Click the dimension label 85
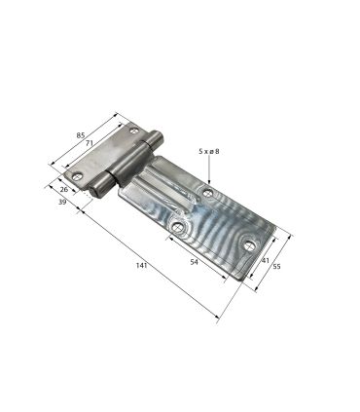click(x=81, y=135)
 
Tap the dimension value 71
click(x=90, y=143)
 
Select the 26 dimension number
click(x=64, y=189)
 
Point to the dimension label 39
click(x=62, y=202)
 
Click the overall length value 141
click(x=141, y=265)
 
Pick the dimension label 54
click(x=194, y=262)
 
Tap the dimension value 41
click(x=266, y=260)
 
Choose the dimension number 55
click(x=276, y=267)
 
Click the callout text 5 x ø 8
click(x=209, y=151)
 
